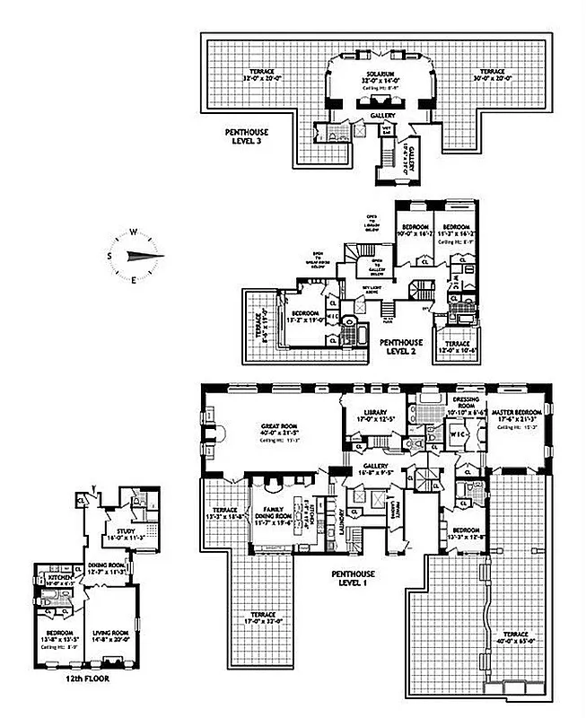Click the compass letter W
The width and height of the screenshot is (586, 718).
tap(133, 232)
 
